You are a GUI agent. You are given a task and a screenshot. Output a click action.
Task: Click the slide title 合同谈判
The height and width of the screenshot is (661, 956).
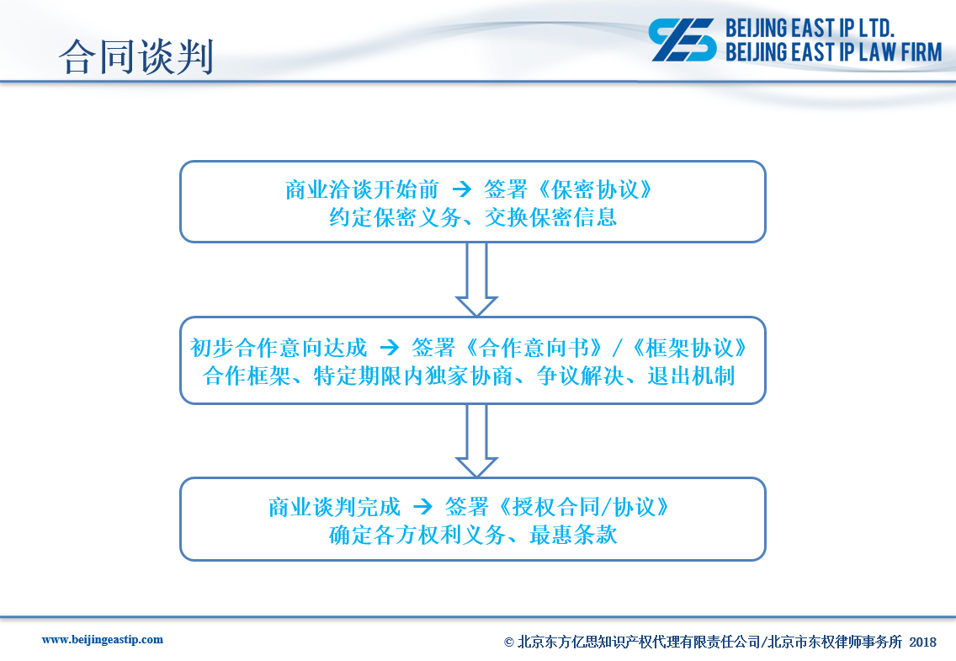(136, 56)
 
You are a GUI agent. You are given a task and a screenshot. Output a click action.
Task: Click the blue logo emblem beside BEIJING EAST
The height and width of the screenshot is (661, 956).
(682, 40)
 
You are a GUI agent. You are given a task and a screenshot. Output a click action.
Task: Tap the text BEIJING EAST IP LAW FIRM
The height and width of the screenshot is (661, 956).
(833, 52)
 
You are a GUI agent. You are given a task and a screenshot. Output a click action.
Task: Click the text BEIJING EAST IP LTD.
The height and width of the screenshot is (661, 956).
(810, 28)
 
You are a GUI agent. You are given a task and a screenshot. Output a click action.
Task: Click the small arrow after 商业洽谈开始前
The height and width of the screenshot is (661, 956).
(461, 189)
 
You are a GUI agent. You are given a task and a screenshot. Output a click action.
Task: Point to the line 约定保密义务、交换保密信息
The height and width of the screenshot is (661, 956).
(473, 218)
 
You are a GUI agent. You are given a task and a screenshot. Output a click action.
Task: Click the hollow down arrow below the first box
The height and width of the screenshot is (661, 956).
(477, 279)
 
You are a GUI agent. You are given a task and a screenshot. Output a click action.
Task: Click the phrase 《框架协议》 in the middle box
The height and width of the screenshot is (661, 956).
(689, 349)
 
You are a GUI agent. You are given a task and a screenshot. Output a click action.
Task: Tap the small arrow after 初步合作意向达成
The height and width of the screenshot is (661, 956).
(389, 349)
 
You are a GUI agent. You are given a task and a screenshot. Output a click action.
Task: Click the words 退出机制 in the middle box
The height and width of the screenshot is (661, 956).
(691, 376)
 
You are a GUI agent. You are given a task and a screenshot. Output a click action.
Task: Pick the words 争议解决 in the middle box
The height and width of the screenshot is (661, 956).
(581, 376)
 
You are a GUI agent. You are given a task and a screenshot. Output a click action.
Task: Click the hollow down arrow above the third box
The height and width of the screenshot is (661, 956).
(477, 440)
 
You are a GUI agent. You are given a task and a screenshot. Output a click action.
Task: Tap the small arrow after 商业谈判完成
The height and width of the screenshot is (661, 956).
(422, 507)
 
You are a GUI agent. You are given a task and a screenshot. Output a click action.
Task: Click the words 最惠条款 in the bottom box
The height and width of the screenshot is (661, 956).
(573, 536)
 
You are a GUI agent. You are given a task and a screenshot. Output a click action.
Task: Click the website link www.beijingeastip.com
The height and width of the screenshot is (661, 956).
(103, 640)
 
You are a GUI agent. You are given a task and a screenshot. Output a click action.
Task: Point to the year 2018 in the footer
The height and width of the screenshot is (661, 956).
(922, 642)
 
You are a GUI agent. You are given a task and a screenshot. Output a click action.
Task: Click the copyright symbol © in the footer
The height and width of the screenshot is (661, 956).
(509, 642)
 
